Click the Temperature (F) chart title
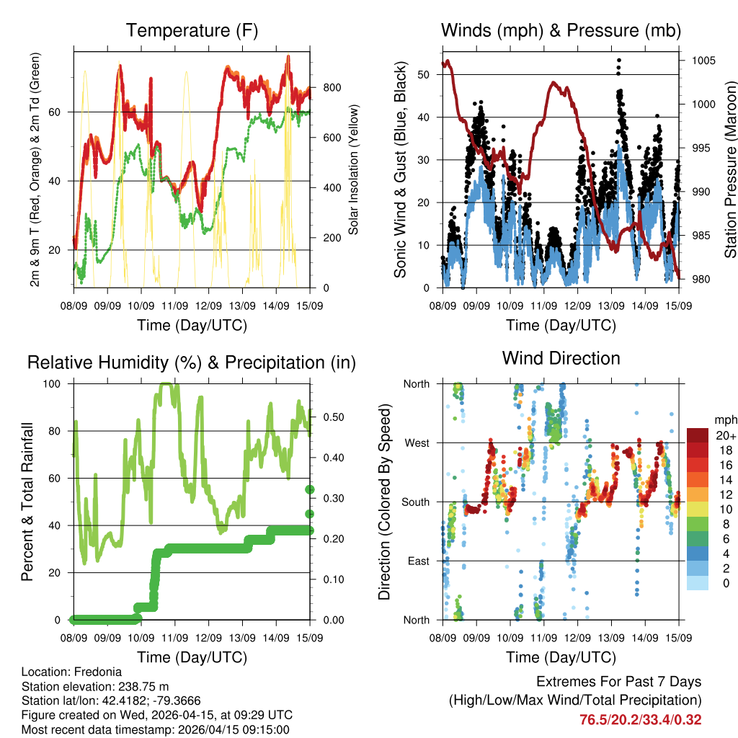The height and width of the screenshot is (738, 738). [x=192, y=31]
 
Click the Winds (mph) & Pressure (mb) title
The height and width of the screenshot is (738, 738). [x=561, y=31]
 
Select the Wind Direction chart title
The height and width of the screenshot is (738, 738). [x=561, y=358]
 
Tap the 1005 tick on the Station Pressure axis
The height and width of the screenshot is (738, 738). [x=703, y=61]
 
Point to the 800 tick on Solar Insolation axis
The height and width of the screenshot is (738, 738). [x=332, y=87]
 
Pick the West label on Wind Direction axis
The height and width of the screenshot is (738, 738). [x=417, y=443]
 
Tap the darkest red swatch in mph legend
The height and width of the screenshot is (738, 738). [x=698, y=435]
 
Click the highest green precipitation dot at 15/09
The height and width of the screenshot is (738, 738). [x=310, y=489]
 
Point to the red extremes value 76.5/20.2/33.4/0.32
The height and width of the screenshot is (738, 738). [x=640, y=719]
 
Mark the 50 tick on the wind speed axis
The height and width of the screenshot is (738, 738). [x=425, y=74]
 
